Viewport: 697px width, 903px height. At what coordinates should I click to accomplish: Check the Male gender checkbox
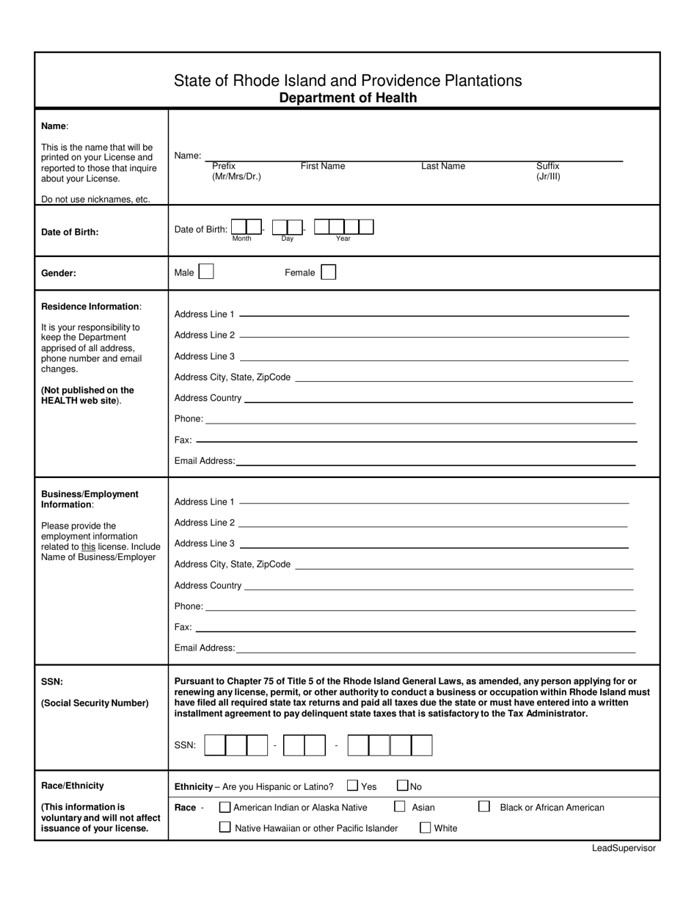[x=206, y=272]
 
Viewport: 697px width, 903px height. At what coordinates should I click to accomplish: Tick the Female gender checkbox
[x=329, y=272]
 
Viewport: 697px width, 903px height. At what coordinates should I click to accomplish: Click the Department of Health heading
[x=348, y=98]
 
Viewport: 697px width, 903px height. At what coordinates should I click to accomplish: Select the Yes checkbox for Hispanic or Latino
[x=352, y=786]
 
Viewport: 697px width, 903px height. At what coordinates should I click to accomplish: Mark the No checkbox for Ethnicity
[x=403, y=786]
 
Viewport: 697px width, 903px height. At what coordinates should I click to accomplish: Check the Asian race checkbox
[x=400, y=806]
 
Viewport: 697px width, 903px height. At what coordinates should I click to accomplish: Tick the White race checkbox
[x=426, y=827]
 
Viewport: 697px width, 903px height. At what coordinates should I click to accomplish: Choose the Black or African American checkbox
[x=484, y=806]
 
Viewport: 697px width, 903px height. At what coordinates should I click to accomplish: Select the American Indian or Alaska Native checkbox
[x=225, y=807]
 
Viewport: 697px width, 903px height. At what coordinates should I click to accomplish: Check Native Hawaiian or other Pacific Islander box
[x=225, y=827]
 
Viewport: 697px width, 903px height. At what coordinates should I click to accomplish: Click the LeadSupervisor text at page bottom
[x=624, y=848]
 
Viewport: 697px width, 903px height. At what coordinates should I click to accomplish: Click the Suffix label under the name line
[x=548, y=167]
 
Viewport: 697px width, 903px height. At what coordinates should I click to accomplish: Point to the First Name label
[x=323, y=167]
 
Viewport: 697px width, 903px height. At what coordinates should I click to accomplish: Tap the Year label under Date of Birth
[x=343, y=239]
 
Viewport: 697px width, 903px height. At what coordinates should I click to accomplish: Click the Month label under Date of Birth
[x=241, y=239]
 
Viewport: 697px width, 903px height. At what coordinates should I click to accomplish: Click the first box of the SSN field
[x=215, y=745]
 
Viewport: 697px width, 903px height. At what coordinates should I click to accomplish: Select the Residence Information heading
[x=91, y=306]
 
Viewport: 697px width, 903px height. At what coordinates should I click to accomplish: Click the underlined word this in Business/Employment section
[x=88, y=546]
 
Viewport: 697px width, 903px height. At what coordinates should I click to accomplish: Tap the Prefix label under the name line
[x=224, y=167]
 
